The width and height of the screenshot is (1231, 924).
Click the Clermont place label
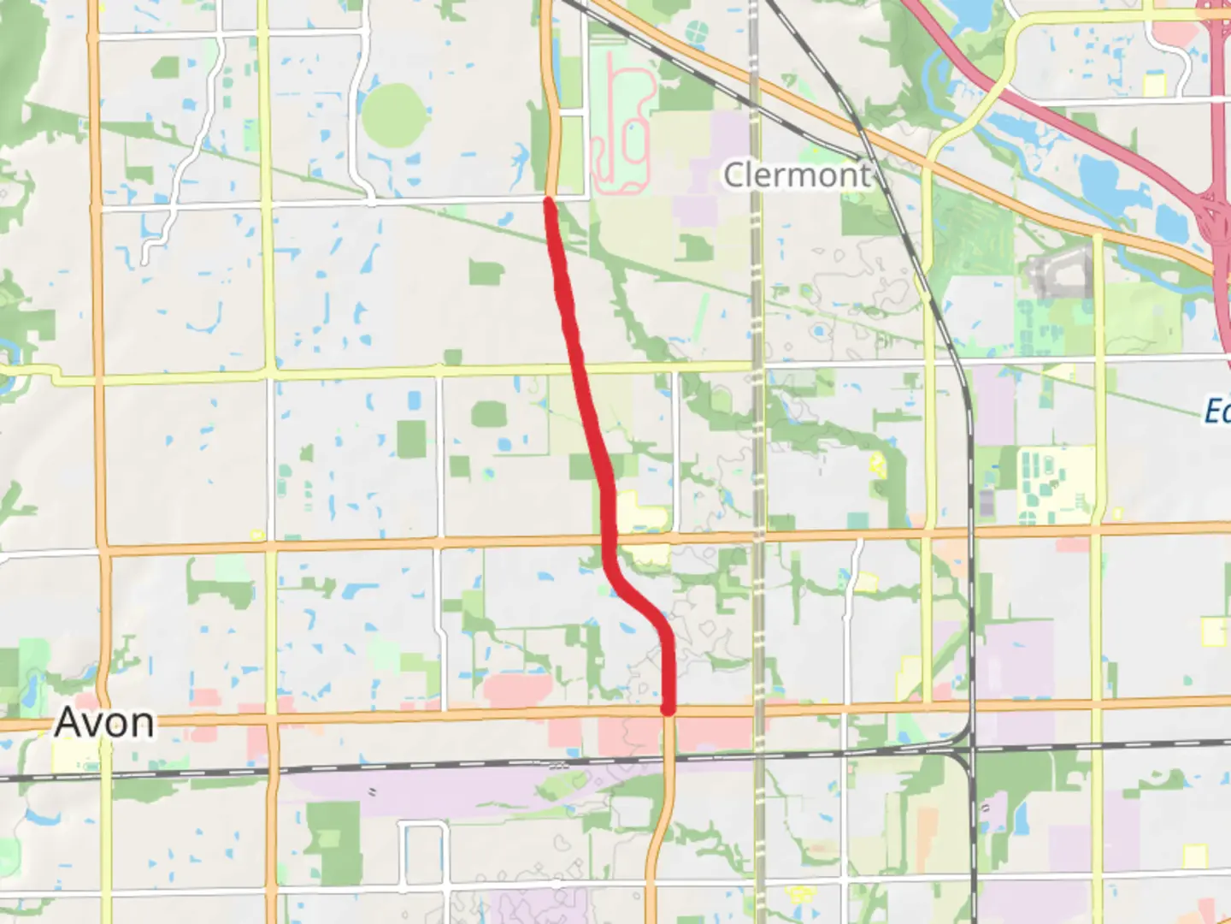tap(797, 175)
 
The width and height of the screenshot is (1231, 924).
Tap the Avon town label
tap(104, 723)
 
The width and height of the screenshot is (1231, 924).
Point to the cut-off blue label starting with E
tap(1217, 412)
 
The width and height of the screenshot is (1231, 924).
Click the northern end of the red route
tap(549, 200)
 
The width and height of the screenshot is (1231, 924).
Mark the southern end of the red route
tap(669, 709)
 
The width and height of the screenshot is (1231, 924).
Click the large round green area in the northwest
tap(394, 115)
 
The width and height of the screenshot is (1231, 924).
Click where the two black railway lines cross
tap(972, 752)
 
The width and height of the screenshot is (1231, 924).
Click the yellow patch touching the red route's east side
tap(641, 513)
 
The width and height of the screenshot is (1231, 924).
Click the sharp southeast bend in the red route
tap(610, 565)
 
